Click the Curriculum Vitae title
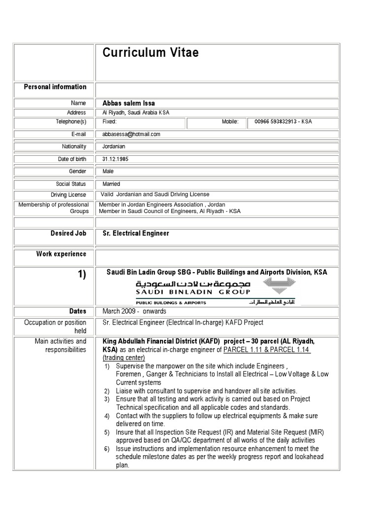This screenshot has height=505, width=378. [x=151, y=53]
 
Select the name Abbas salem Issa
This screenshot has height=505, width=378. [x=128, y=103]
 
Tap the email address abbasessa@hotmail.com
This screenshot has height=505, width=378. [x=131, y=134]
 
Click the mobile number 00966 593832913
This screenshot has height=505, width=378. [x=283, y=122]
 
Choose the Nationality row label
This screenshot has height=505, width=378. [x=74, y=146]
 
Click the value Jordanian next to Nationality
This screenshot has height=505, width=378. [x=114, y=146]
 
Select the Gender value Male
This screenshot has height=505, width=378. [x=108, y=172]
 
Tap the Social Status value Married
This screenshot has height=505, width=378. [x=111, y=184]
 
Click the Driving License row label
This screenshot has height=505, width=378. [x=68, y=195]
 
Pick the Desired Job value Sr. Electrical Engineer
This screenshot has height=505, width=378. [x=135, y=233]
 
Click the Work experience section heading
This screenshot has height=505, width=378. [x=61, y=254]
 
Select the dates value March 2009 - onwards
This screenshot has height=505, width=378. [x=134, y=311]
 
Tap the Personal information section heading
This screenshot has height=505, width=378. [x=55, y=87]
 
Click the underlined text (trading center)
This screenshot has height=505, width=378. [x=124, y=358]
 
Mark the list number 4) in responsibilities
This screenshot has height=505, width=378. [x=107, y=416]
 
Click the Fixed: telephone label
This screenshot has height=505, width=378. [x=109, y=122]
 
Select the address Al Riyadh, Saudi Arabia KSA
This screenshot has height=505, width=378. [x=135, y=113]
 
